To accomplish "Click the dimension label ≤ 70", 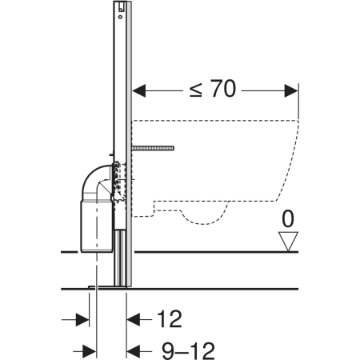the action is click(213, 89).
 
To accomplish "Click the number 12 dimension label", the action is click(170, 319).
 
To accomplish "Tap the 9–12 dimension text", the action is click(188, 351).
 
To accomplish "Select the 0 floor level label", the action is click(288, 219).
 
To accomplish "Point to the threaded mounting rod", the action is click(153, 148).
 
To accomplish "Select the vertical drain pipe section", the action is click(96, 226).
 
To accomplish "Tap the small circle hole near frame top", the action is click(121, 17).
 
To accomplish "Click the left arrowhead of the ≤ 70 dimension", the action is click(139, 90).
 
